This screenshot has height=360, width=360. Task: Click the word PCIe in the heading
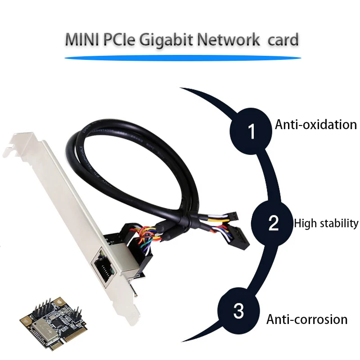(119, 40)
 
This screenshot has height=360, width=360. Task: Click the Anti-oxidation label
(315, 124)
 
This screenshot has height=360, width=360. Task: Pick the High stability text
(326, 223)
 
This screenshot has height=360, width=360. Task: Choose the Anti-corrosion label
(307, 319)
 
